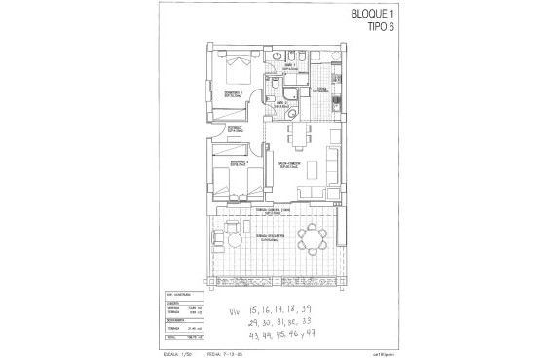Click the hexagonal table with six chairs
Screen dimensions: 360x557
click(x=313, y=238)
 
